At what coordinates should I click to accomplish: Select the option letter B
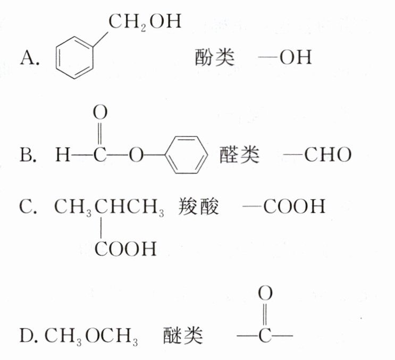(28, 155)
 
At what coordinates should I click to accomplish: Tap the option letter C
(28, 207)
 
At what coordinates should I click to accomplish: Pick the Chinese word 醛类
(240, 155)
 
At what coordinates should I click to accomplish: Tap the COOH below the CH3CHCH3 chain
(126, 248)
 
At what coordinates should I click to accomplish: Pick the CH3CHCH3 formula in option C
(108, 207)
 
